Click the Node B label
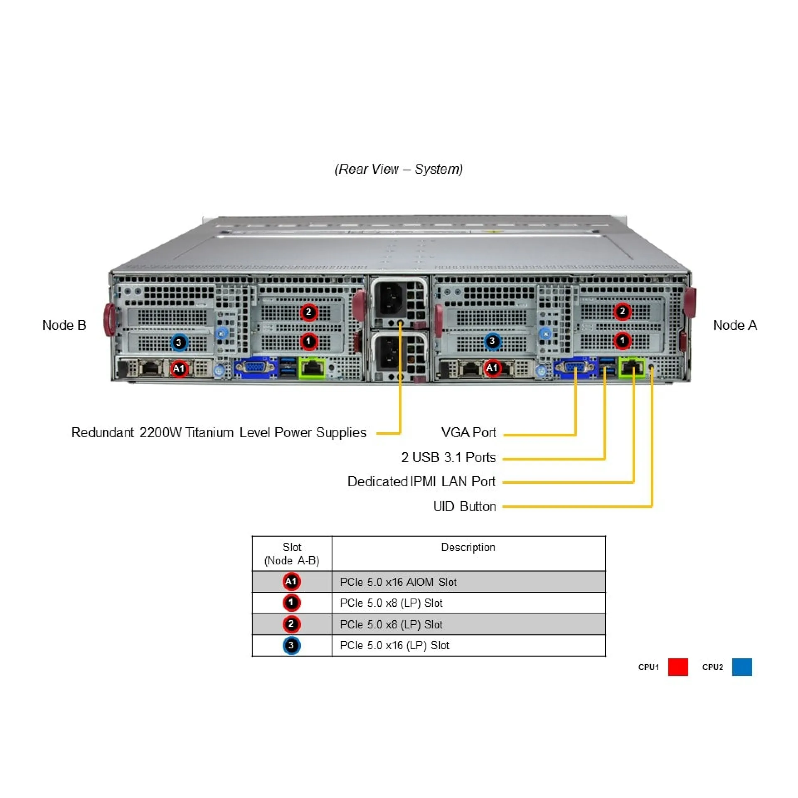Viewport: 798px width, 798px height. point(64,325)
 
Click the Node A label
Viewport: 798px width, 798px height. point(735,325)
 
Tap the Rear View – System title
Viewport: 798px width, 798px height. point(399,169)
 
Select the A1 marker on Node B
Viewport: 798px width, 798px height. point(179,368)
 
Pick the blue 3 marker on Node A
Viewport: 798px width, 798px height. point(492,342)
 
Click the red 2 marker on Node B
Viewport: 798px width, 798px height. point(308,312)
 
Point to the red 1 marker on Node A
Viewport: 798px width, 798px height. point(622,341)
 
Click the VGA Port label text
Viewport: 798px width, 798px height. point(468,433)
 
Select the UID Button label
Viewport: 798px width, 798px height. point(464,507)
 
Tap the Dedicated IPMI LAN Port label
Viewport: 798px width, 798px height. point(421,482)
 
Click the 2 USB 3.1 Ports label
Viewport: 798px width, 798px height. point(448,458)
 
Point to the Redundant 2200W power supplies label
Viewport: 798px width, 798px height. point(219,433)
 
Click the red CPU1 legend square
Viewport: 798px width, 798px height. point(678,667)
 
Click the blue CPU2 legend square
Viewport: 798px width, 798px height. point(742,667)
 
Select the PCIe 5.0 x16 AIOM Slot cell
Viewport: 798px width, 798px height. point(398,582)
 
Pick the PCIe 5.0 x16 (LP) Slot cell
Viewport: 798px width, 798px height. point(394,645)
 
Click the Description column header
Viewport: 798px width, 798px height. point(468,547)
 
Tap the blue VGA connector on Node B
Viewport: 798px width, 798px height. point(254,368)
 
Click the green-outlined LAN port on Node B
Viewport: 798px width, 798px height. point(312,368)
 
